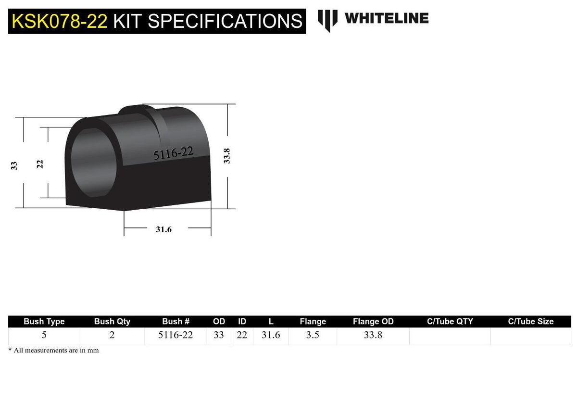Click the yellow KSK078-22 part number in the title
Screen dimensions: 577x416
pyautogui.click(x=60, y=21)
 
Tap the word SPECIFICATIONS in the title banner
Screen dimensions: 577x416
pyautogui.click(x=225, y=21)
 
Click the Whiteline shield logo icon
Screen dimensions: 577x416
pyautogui.click(x=327, y=21)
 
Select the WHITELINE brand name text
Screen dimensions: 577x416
pyautogui.click(x=387, y=18)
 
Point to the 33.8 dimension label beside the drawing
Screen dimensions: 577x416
pyautogui.click(x=226, y=156)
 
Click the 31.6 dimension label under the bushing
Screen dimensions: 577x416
pyautogui.click(x=163, y=229)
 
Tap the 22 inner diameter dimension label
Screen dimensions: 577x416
pyautogui.click(x=39, y=164)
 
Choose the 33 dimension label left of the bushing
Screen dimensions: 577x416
pyautogui.click(x=14, y=165)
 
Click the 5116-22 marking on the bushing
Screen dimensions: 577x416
pyautogui.click(x=173, y=153)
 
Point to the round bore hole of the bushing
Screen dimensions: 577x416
pyautogui.click(x=93, y=163)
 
